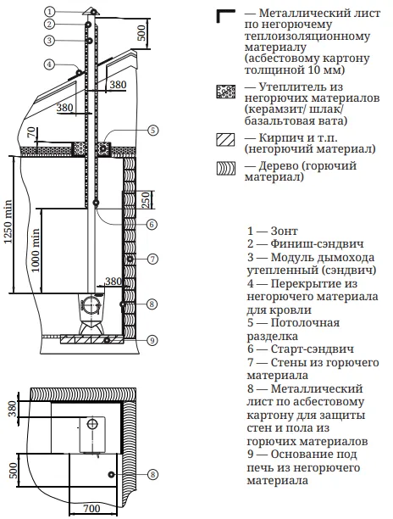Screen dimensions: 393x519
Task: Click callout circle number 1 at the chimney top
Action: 49,12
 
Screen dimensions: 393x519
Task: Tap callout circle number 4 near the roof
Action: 49,64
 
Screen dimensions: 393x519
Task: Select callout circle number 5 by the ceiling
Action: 152,130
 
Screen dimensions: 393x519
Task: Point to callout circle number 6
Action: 152,225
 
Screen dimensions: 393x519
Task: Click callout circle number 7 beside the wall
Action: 152,259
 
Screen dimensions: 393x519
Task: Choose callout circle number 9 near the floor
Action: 152,340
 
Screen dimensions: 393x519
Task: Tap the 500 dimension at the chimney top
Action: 141,32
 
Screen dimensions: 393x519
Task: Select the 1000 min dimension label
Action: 36,250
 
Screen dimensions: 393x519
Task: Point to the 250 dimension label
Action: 146,199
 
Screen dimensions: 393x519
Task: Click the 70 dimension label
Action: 31,133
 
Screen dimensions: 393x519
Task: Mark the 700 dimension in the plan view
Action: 91,508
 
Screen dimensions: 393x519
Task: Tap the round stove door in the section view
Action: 90,304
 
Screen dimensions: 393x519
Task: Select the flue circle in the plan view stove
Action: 92,424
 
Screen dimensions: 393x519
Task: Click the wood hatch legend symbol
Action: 226,169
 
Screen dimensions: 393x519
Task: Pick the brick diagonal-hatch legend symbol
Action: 226,140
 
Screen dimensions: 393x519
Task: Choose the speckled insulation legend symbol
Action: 226,92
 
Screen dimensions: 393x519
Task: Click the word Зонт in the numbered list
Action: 284,231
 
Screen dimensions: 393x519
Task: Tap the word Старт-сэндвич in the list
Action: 312,349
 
